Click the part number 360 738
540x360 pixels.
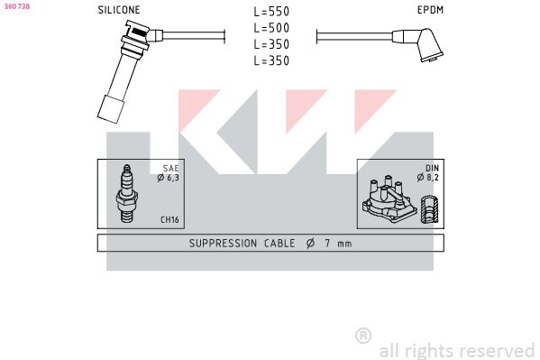(17, 6)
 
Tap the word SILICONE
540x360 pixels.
(119, 10)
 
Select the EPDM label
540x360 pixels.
(430, 10)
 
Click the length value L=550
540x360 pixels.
(271, 12)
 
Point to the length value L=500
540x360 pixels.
(271, 28)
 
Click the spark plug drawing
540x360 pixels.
(126, 193)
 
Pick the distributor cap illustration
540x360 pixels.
(389, 199)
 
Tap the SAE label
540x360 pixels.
(170, 169)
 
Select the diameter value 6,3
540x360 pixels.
(173, 178)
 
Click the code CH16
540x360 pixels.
(169, 219)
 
